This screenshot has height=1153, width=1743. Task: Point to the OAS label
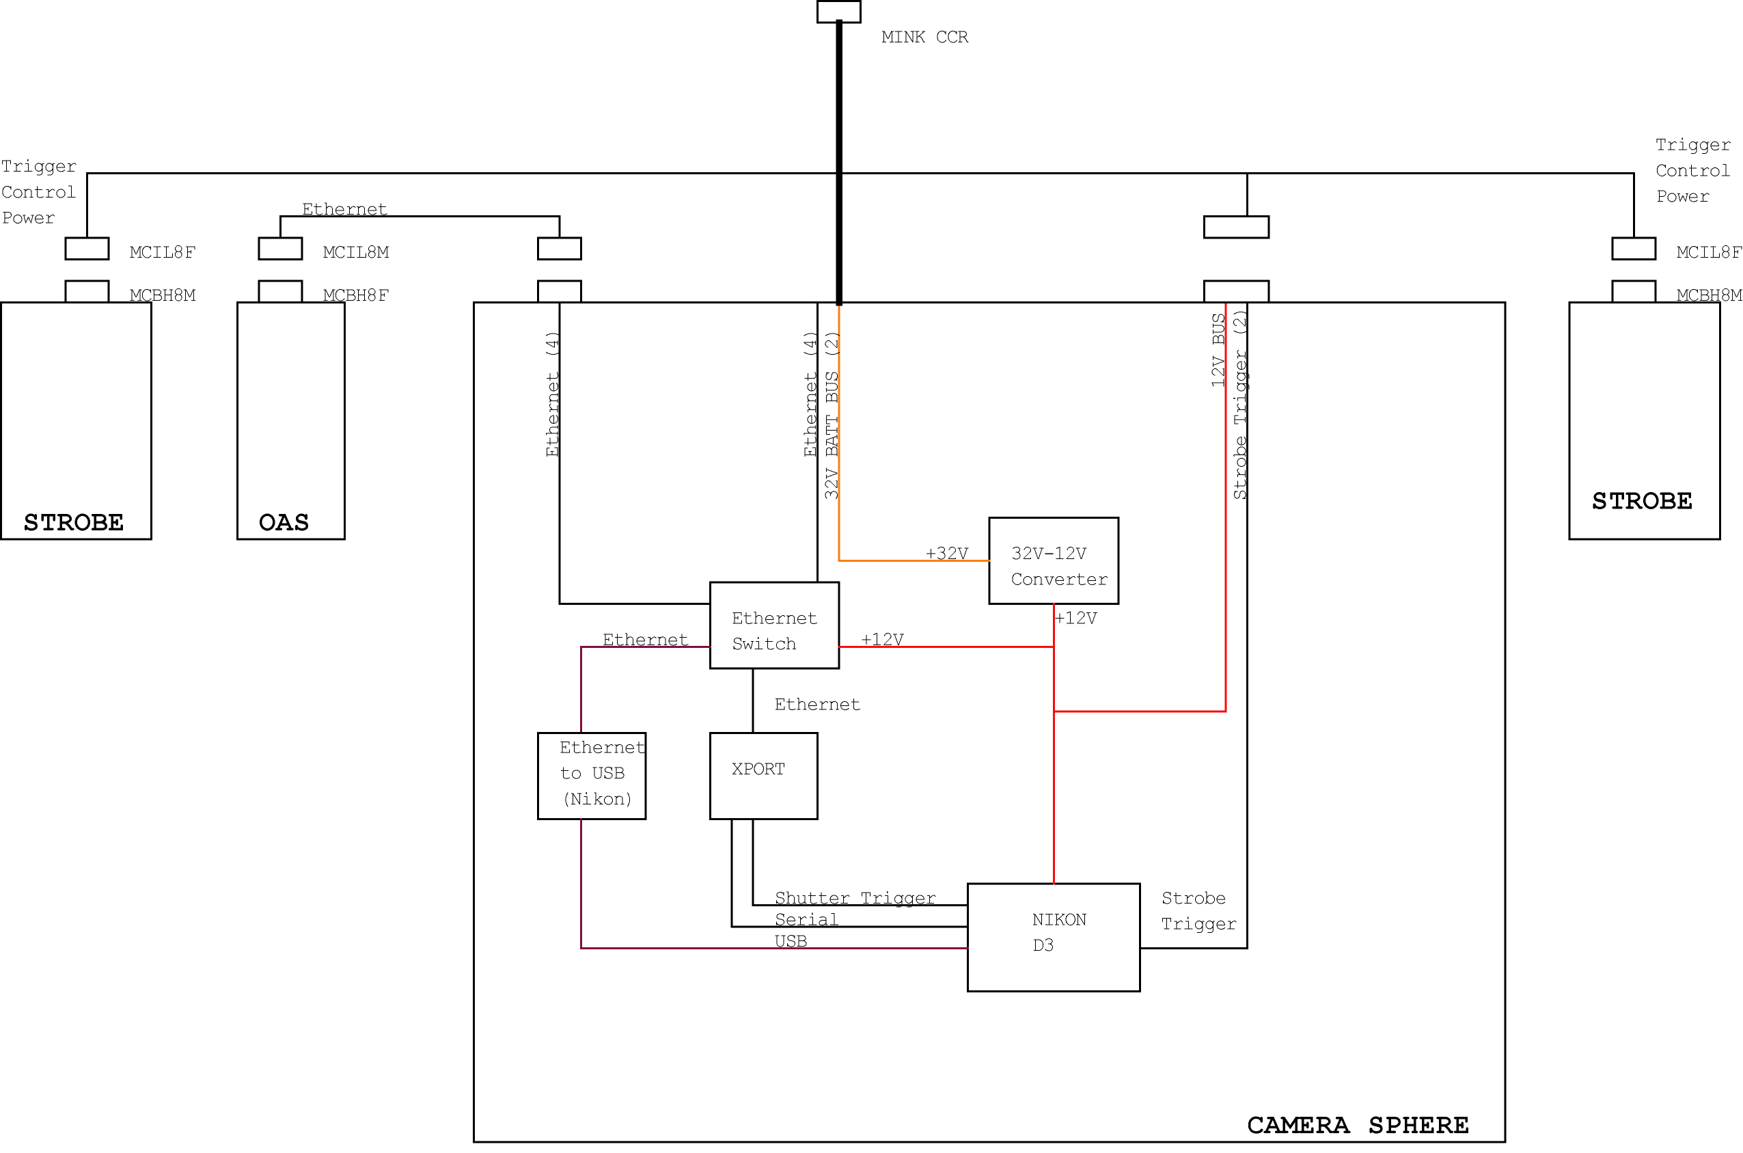[x=284, y=522]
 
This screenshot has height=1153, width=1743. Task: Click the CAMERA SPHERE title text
[x=1358, y=1125]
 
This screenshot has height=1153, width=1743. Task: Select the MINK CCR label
[x=925, y=37]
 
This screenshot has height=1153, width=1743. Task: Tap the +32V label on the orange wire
[x=947, y=553]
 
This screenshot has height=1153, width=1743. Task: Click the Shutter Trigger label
[x=855, y=898]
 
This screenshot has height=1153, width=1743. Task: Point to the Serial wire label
[x=806, y=919]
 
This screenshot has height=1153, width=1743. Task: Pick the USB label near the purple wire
[x=791, y=941]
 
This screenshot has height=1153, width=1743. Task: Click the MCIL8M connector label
[x=356, y=252]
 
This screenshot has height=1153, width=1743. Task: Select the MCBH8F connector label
[x=356, y=295]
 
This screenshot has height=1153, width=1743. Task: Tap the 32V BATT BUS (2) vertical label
[x=832, y=416]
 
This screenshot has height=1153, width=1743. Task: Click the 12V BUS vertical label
[x=1218, y=350]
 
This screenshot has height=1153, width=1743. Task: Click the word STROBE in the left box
[x=74, y=522]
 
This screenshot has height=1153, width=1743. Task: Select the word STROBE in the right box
[x=1643, y=501]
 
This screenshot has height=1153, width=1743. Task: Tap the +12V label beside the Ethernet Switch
[x=882, y=639]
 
